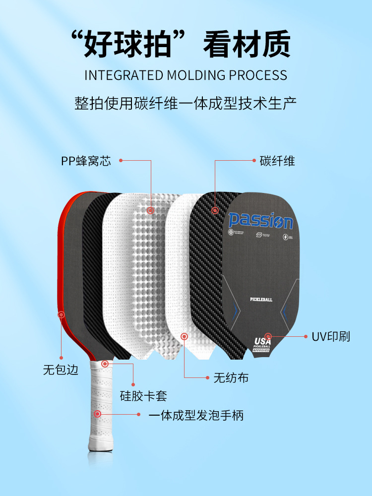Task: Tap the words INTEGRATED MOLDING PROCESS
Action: pyautogui.click(x=186, y=75)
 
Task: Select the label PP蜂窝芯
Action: pyautogui.click(x=86, y=161)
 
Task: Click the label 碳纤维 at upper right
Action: pyautogui.click(x=277, y=161)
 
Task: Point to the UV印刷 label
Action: pyautogui.click(x=331, y=336)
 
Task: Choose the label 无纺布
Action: pyautogui.click(x=231, y=378)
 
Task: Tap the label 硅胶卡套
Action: pyautogui.click(x=144, y=396)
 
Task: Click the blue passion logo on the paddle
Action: pyautogui.click(x=260, y=220)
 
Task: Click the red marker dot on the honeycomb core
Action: pyautogui.click(x=150, y=210)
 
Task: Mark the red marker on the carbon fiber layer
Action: pyautogui.click(x=215, y=210)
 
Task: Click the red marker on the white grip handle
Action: pyautogui.click(x=98, y=413)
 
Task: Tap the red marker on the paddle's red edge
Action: pyautogui.click(x=61, y=314)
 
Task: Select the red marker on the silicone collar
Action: pyautogui.click(x=105, y=364)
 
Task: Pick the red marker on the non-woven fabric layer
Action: pyautogui.click(x=184, y=336)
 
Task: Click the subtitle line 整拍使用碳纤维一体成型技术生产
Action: pyautogui.click(x=186, y=104)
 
